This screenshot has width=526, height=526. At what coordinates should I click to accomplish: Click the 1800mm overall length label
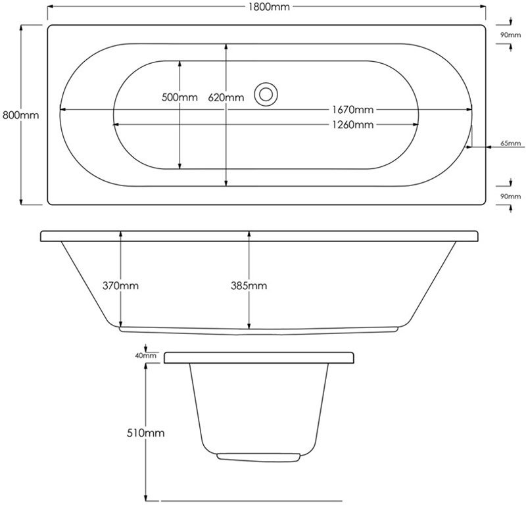click(269, 7)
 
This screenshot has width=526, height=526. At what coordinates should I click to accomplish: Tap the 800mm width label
click(20, 115)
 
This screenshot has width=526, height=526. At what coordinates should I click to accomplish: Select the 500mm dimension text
click(179, 97)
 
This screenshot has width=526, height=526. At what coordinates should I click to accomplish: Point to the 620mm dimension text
click(226, 97)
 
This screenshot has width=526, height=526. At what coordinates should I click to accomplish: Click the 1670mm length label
click(353, 109)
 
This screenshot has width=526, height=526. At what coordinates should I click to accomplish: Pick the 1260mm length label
click(353, 125)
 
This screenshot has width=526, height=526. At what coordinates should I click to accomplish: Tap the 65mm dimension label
click(511, 143)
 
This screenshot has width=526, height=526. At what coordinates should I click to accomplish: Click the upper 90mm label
click(511, 35)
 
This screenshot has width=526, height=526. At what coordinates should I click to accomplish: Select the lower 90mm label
click(511, 196)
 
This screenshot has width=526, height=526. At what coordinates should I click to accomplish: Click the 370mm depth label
click(120, 285)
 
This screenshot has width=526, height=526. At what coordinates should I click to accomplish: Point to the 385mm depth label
click(249, 285)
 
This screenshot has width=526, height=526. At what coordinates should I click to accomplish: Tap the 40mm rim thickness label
click(145, 356)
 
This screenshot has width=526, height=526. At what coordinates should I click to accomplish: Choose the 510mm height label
click(145, 433)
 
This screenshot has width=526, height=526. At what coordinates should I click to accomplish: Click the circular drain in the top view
click(266, 94)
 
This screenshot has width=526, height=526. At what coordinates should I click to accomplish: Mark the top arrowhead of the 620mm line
click(226, 47)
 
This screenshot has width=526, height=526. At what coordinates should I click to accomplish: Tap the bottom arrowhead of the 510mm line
click(145, 498)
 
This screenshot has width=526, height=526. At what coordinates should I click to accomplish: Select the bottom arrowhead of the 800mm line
click(21, 201)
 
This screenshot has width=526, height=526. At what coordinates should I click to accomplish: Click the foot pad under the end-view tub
click(258, 457)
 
